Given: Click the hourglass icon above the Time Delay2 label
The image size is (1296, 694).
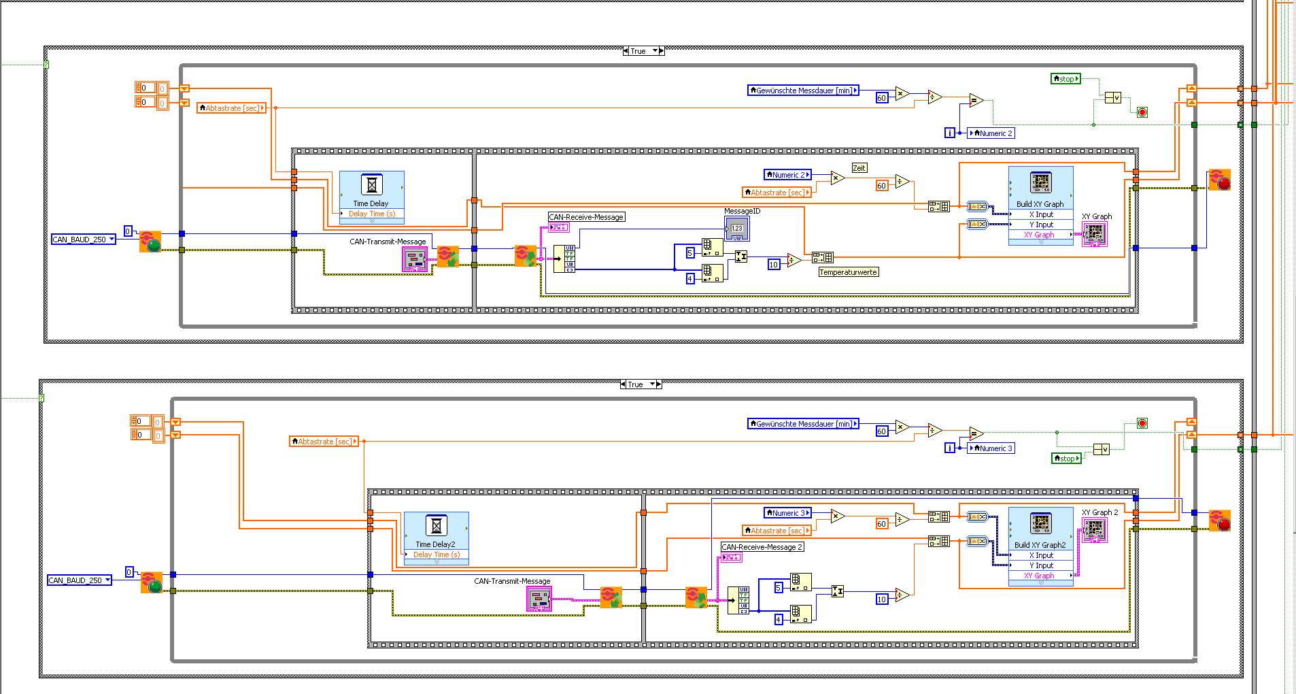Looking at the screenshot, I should (437, 525).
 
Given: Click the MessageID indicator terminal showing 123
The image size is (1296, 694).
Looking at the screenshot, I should (737, 229).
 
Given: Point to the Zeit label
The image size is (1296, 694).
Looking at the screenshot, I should (859, 168).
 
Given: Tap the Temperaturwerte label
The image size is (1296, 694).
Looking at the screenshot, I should (848, 272).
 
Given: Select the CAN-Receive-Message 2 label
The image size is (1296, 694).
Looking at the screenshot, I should (762, 547).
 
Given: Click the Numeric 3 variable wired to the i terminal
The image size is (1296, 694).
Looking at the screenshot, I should (991, 448).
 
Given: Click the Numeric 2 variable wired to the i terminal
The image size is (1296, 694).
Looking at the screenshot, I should (991, 133).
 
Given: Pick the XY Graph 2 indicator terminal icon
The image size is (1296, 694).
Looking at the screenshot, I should (1094, 529).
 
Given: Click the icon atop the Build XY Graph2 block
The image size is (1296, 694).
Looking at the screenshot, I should (1041, 523).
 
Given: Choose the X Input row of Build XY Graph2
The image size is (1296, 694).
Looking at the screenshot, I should (1041, 555).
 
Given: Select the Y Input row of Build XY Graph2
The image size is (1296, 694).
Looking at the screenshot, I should (1041, 565).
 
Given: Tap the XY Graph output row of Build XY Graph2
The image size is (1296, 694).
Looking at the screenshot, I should (1040, 576).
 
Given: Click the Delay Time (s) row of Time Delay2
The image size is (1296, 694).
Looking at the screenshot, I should (437, 555).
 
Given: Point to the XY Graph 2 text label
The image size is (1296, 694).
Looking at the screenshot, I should (1099, 512).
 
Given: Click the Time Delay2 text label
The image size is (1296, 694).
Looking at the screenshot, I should (435, 544).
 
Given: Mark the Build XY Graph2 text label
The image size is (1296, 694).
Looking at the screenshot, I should (1040, 545).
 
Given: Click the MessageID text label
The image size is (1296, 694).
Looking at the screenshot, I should (742, 212).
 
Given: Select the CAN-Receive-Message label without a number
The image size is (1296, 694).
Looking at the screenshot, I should (586, 217).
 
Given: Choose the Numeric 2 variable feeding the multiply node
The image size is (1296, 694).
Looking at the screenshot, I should (788, 175).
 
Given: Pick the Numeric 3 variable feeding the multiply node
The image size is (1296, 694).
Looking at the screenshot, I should (788, 513).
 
